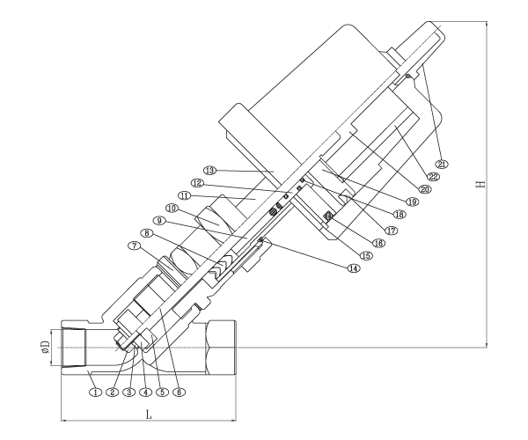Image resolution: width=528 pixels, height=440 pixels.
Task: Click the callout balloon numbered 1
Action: click(x=96, y=392)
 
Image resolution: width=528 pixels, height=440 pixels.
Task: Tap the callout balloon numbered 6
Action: click(x=179, y=392)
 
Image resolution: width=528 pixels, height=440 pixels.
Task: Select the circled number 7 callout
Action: click(x=135, y=246)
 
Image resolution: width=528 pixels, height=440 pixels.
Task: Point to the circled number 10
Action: click(x=172, y=209)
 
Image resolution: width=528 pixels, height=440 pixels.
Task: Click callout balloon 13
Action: click(x=209, y=171)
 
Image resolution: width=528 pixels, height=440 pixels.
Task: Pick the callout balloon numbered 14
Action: click(x=354, y=268)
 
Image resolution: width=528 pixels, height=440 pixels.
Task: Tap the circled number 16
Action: click(x=378, y=243)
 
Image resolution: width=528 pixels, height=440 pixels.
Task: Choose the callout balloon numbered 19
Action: click(x=412, y=202)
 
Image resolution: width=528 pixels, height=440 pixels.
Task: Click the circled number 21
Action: click(x=442, y=164)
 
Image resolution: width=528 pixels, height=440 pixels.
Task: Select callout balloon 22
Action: click(x=433, y=176)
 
